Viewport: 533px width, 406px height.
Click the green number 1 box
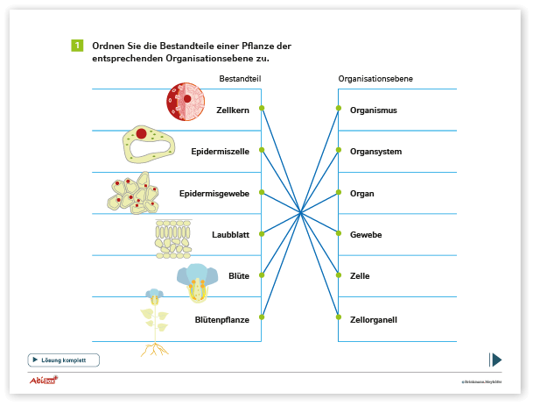(x=77, y=46)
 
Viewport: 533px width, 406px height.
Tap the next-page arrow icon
(x=495, y=360)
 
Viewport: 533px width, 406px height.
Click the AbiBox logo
(x=44, y=380)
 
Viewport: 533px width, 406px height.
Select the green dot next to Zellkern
(x=262, y=108)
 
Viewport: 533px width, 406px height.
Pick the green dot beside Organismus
(x=339, y=108)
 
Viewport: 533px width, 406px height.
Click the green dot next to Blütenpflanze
(x=262, y=317)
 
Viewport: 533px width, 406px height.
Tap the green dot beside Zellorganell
(x=339, y=317)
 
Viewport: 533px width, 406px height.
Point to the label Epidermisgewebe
(x=214, y=194)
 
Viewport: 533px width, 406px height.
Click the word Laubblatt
(x=230, y=235)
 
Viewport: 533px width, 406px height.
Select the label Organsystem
(x=376, y=152)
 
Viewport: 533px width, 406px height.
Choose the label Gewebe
(x=366, y=235)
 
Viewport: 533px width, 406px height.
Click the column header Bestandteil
(x=240, y=79)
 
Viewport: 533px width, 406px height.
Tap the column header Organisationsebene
(x=375, y=79)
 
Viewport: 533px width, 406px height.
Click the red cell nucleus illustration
(x=186, y=102)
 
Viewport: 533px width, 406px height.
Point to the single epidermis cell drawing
(x=149, y=144)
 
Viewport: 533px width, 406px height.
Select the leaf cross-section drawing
(x=173, y=239)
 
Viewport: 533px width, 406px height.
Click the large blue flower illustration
(x=197, y=282)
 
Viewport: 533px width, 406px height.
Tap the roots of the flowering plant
(x=155, y=350)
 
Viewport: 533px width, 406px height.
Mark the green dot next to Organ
(x=339, y=192)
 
